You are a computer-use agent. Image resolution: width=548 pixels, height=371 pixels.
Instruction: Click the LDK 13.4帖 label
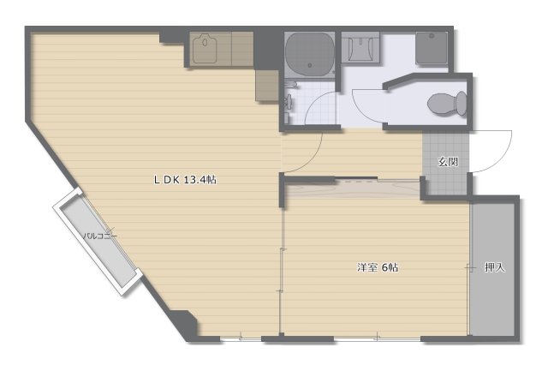184,180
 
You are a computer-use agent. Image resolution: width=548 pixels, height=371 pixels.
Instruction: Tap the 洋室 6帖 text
378,267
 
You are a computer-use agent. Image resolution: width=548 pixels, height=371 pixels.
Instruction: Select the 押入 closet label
495,267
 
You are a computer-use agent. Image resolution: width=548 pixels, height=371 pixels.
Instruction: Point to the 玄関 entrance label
447,162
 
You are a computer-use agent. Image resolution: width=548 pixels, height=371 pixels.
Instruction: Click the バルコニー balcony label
99,235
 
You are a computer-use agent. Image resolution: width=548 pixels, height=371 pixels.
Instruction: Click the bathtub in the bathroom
309,53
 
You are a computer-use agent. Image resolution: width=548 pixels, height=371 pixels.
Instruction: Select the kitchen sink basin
206,50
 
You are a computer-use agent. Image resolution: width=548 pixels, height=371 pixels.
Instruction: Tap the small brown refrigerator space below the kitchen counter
266,86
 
